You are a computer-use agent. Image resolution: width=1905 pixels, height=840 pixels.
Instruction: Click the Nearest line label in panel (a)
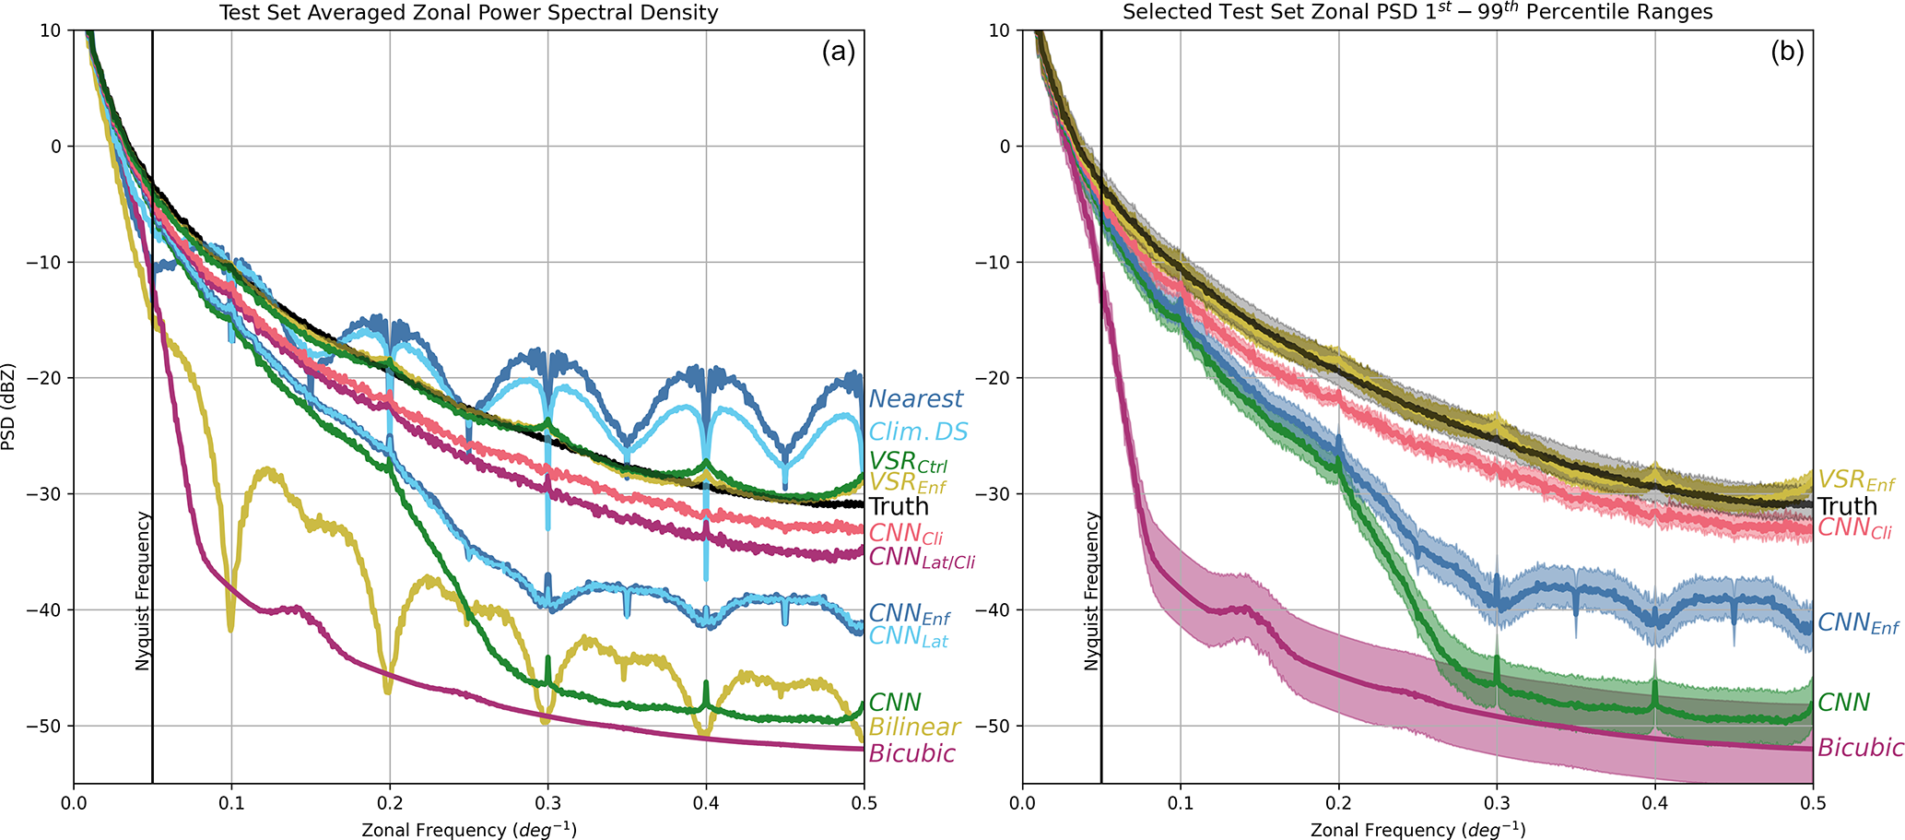tap(915, 399)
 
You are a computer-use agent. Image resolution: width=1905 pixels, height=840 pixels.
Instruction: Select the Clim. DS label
tap(918, 432)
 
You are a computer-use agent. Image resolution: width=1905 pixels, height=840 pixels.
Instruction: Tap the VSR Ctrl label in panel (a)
tap(908, 461)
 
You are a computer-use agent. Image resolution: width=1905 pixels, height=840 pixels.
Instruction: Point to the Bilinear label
tap(914, 728)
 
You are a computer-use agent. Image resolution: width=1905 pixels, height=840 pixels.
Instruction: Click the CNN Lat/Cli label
tap(922, 557)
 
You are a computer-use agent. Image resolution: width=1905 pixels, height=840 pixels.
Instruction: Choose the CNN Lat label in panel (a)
tap(908, 636)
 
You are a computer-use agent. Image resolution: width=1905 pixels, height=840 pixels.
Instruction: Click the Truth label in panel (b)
tap(1847, 506)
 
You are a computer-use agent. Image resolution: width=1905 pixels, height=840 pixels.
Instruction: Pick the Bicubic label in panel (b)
tap(1860, 748)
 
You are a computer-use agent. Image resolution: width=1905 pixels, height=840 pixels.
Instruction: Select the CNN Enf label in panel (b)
tap(1858, 623)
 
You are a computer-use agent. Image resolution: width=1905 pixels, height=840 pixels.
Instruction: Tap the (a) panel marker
tap(839, 52)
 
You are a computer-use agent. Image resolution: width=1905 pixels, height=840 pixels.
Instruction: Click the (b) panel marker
tap(1787, 52)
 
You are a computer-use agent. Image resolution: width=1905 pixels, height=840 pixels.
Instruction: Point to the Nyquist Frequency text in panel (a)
tap(142, 591)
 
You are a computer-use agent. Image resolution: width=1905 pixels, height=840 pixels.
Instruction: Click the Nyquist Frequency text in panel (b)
tap(1091, 591)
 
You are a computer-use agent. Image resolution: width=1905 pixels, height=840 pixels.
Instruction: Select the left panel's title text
tap(468, 13)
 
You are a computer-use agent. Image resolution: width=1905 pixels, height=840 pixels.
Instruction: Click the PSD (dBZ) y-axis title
tap(8, 407)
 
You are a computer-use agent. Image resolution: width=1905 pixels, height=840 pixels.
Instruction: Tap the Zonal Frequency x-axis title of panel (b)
tap(1417, 830)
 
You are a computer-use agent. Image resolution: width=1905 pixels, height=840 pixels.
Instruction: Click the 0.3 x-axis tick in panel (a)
tap(547, 803)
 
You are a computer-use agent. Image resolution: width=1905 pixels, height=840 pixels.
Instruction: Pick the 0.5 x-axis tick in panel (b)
tap(1813, 803)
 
